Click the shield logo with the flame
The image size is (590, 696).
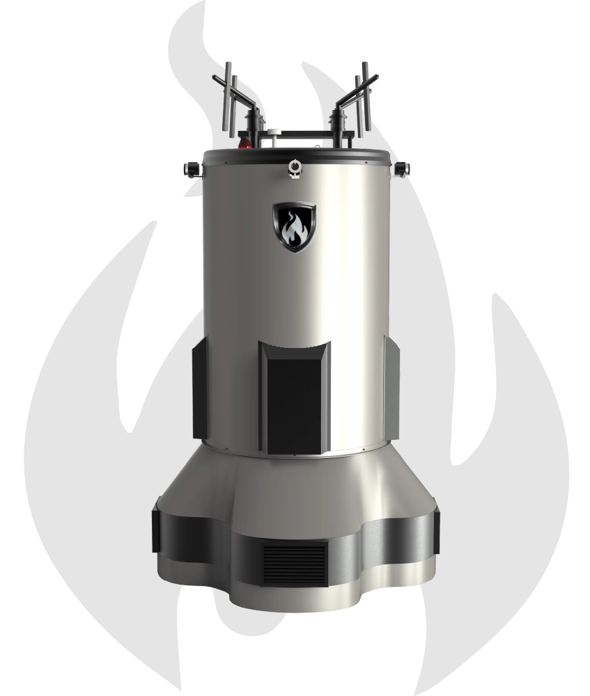293,226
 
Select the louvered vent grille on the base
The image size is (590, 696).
295,564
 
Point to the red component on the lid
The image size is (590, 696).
245,144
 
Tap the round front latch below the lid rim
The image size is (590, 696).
295,167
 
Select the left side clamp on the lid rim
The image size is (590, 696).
189,168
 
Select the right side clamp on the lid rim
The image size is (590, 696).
401,168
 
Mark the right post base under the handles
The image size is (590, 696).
341,129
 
